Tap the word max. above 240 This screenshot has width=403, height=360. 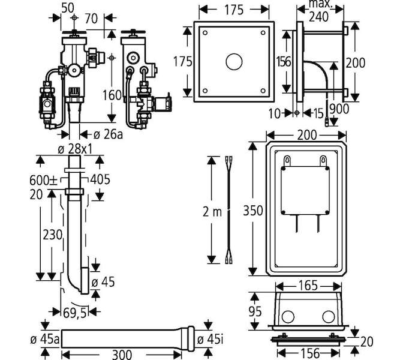pyautogui.click(x=318, y=5)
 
